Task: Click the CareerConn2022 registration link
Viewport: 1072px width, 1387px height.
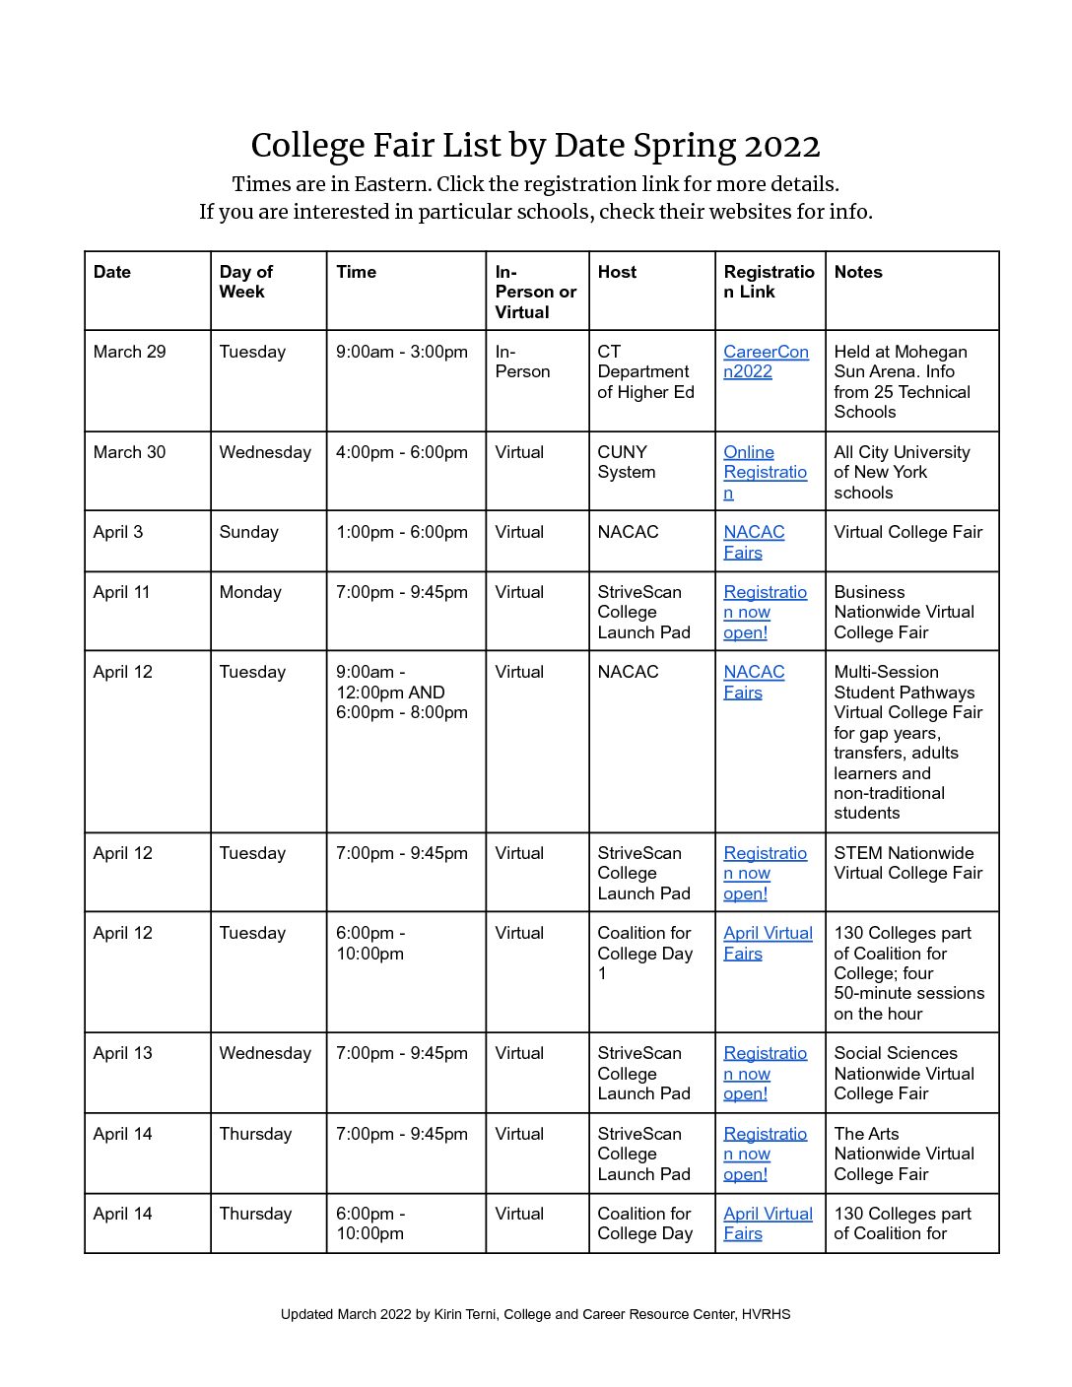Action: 765,362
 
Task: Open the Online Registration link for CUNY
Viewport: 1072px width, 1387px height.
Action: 764,472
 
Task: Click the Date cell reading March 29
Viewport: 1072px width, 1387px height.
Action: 129,352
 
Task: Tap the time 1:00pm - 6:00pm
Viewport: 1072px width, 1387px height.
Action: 401,532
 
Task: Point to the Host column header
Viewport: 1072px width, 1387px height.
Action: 617,272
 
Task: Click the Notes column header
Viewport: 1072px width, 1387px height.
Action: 857,272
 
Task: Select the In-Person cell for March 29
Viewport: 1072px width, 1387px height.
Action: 522,362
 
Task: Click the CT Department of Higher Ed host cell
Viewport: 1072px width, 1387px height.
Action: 645,371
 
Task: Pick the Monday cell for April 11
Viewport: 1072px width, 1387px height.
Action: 250,592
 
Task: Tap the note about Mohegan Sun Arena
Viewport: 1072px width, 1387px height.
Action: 902,381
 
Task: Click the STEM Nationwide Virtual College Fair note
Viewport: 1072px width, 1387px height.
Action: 907,863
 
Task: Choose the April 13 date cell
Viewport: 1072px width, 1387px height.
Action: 122,1053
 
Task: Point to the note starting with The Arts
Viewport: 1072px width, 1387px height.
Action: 904,1154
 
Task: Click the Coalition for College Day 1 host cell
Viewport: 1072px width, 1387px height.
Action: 644,953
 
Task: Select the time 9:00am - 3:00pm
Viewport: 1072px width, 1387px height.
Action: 401,352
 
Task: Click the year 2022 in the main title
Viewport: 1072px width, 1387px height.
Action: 781,146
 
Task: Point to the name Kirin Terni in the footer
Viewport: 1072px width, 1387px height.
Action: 464,1314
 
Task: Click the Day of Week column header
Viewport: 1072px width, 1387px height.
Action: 245,282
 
